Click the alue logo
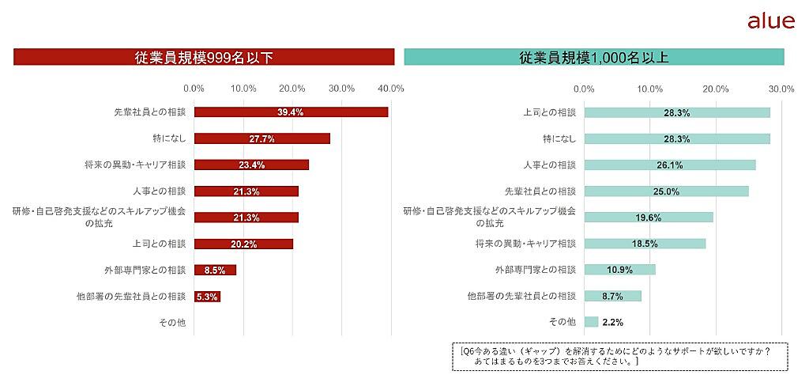770,21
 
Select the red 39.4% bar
291,112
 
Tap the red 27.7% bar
262,138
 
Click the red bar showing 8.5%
215,270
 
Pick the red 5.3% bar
207,297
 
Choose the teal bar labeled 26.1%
670,165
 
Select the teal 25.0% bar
666,191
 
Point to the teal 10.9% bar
619,270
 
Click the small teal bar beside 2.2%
591,322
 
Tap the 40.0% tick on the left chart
391,89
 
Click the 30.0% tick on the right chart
781,89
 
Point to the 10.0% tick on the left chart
243,89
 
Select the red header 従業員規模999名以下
204,57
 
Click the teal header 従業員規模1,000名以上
594,57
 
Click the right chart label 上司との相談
550,112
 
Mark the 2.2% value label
613,323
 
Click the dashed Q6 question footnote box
619,355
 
